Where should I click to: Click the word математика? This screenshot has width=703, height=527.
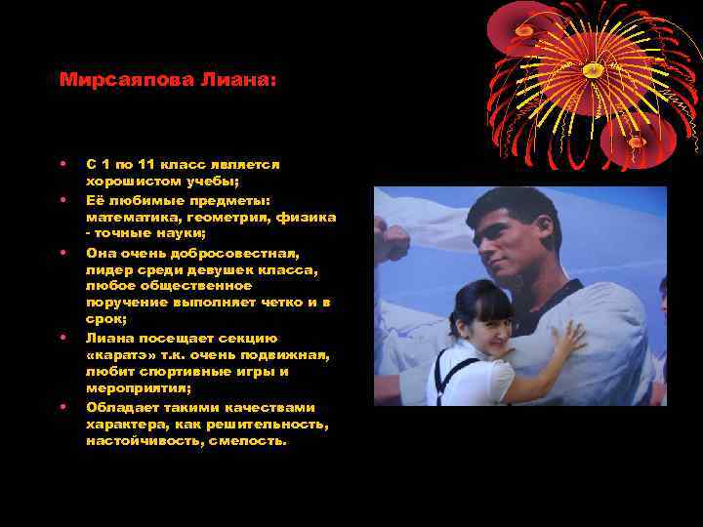pos(129,217)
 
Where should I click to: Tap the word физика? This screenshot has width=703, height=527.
pos(306,217)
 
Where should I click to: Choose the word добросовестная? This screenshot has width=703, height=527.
pos(233,252)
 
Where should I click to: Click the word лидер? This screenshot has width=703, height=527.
pos(107,269)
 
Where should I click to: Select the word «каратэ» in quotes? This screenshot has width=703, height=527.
pos(121,354)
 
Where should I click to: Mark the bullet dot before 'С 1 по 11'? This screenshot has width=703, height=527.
pos(62,165)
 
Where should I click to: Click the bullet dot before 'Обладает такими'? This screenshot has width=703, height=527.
pos(62,406)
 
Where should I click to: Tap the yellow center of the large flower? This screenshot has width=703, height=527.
pos(592,69)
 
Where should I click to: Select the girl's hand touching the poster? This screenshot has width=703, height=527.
pos(566,339)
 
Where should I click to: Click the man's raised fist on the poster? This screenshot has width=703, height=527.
pos(393,242)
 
